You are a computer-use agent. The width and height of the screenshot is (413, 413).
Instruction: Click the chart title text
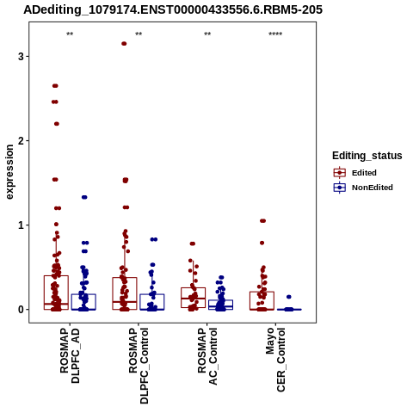tap(173, 10)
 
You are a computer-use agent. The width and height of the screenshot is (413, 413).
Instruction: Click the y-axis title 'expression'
tap(9, 172)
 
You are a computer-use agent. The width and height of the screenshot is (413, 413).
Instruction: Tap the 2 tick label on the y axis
tap(21, 141)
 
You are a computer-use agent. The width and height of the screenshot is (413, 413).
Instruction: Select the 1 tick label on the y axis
tap(21, 225)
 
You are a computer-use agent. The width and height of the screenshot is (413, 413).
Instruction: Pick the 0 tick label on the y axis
tap(21, 310)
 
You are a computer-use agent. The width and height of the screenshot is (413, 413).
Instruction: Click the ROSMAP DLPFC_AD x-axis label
tap(70, 355)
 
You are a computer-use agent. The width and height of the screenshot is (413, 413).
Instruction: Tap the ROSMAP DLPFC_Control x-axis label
tap(139, 366)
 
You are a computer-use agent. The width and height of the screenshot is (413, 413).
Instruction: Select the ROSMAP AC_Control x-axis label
tap(207, 356)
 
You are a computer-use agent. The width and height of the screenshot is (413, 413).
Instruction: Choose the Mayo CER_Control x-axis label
tap(276, 360)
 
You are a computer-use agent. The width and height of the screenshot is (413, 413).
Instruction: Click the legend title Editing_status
tap(367, 156)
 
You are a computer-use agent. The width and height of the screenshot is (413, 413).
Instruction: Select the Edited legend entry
tap(354, 173)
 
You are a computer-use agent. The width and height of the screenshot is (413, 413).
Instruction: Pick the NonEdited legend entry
tap(363, 188)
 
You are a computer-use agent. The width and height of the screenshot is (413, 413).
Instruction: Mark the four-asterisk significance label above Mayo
tap(275, 34)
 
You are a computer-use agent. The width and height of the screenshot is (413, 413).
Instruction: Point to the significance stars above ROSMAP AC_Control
tap(207, 34)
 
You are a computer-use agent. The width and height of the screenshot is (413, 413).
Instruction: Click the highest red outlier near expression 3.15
tap(124, 44)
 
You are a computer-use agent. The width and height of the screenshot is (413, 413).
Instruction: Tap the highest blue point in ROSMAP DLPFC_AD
tap(84, 197)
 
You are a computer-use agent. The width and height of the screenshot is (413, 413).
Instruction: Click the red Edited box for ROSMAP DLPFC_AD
tap(56, 293)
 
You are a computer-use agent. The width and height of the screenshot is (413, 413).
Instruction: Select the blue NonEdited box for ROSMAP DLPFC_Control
tap(152, 302)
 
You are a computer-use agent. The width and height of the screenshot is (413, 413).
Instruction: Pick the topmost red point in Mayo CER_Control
tap(262, 221)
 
